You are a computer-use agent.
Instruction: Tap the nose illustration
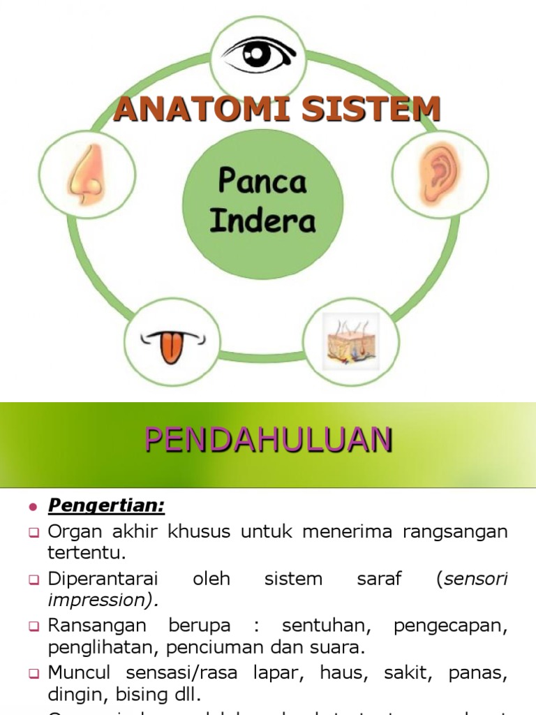(x=87, y=175)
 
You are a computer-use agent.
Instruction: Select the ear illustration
(x=438, y=175)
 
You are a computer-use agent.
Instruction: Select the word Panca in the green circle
(x=262, y=182)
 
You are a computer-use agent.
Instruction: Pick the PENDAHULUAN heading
(x=268, y=441)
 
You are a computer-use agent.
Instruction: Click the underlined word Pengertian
(x=106, y=505)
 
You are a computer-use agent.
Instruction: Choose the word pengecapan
(x=450, y=625)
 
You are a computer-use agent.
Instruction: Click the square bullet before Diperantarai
(x=33, y=580)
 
